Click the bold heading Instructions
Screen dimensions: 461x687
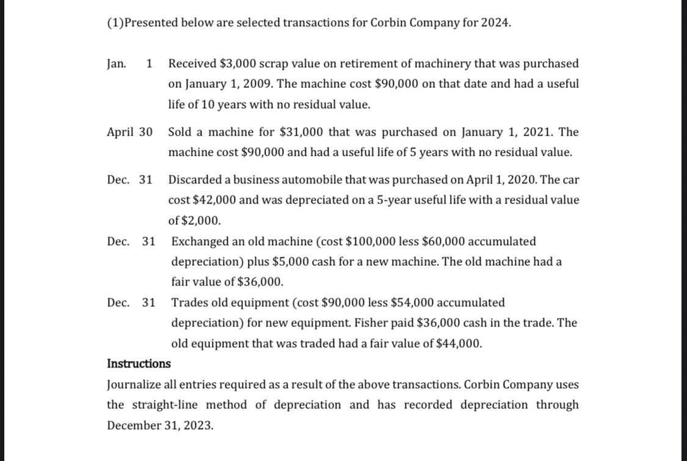point(139,364)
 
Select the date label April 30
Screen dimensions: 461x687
point(129,132)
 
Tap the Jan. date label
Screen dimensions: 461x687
point(117,64)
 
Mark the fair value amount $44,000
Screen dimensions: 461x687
point(459,344)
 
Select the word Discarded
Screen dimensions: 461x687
point(194,180)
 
